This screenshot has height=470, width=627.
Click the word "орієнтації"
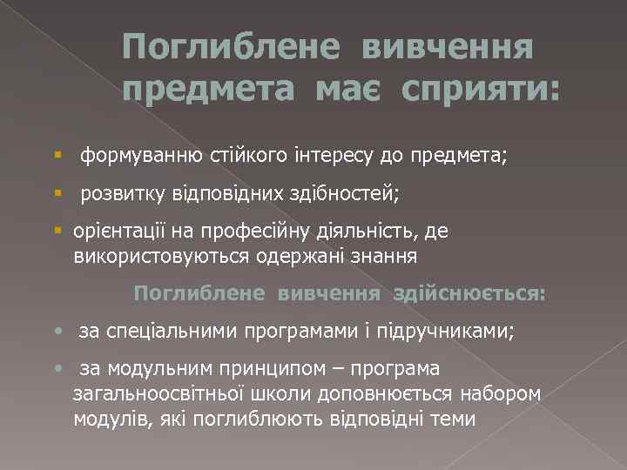pyautogui.click(x=118, y=232)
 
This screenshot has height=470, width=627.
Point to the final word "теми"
pyautogui.click(x=452, y=419)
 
